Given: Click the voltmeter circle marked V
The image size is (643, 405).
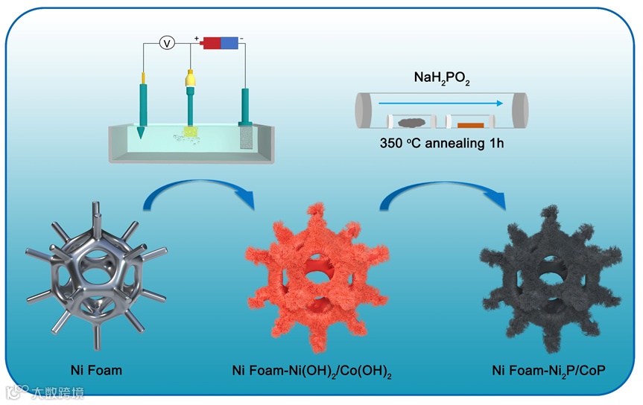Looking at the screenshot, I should [168, 43].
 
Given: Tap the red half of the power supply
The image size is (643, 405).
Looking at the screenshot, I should [212, 42].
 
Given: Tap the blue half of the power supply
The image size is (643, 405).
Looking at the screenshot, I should [230, 42].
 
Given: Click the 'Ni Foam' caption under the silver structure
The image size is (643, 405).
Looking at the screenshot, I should [96, 369].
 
